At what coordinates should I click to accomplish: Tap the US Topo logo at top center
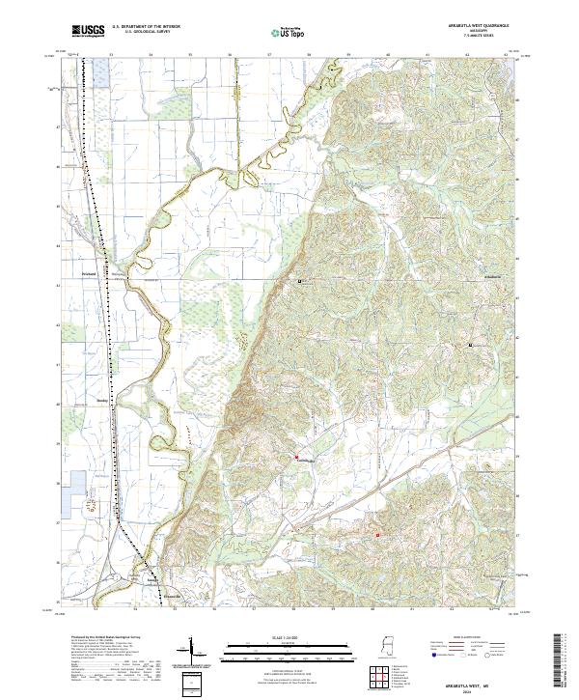click(x=280, y=32)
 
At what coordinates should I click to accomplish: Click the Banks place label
click(x=103, y=397)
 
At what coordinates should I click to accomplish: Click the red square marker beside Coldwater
click(x=297, y=456)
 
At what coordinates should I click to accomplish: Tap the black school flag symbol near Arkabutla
click(x=471, y=345)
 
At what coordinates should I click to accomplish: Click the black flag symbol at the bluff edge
click(x=300, y=281)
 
